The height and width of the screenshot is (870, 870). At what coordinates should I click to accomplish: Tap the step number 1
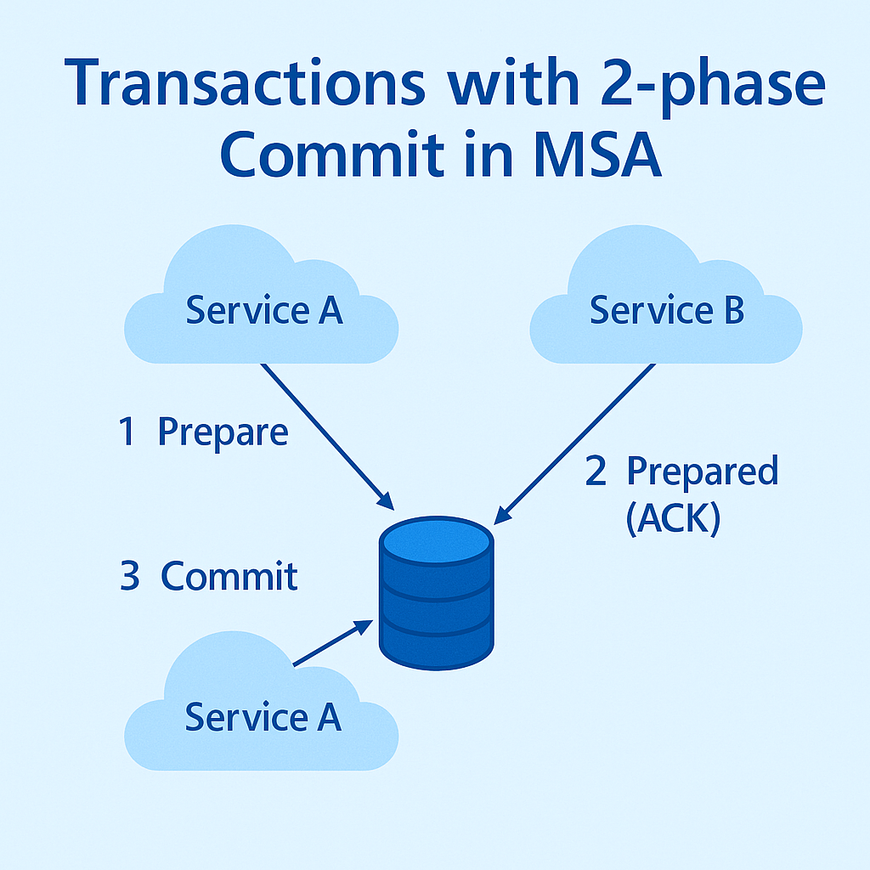[x=127, y=432]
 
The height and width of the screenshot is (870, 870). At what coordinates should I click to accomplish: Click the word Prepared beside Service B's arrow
[x=702, y=471]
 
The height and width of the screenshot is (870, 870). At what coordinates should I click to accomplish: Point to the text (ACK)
[x=673, y=517]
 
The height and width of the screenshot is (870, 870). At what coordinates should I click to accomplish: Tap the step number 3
[x=130, y=576]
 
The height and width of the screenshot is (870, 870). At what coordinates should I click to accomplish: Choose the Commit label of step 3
[x=229, y=576]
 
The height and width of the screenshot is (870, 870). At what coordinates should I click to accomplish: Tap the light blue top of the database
[x=437, y=539]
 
